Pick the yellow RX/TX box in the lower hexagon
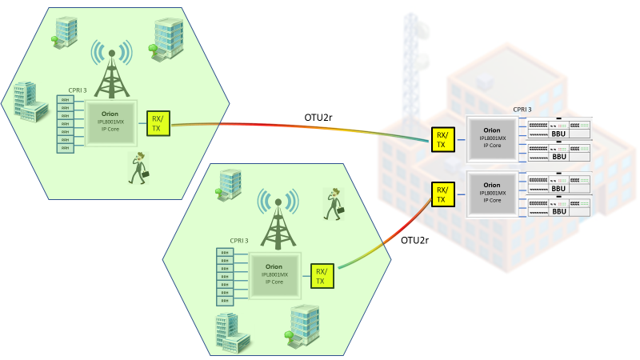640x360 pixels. click(321, 275)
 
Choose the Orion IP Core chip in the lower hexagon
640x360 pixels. click(274, 275)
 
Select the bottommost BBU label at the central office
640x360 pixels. click(558, 210)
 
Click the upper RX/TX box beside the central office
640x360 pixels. click(442, 138)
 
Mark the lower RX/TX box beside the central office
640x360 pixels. click(442, 194)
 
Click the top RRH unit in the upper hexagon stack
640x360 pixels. click(65, 100)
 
